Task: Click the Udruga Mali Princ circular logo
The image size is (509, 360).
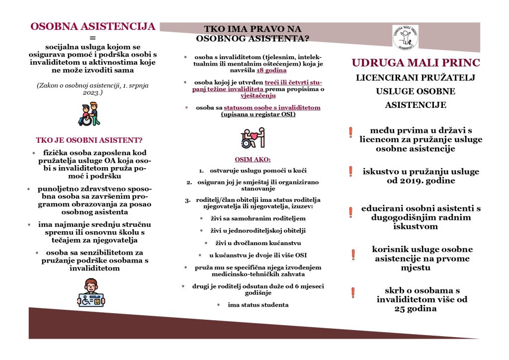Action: point(405,37)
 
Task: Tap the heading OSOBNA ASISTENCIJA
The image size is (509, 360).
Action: point(93,27)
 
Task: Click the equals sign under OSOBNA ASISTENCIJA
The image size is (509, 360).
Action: point(92,38)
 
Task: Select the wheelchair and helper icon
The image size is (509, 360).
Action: point(89,114)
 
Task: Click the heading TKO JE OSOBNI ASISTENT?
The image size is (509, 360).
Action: point(89,140)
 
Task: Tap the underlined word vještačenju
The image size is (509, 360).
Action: point(258,95)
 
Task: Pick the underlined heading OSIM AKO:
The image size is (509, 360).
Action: point(253,160)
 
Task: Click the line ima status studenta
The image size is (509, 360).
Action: point(258,305)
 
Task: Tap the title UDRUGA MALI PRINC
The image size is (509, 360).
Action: point(416,63)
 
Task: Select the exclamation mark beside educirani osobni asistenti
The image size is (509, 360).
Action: point(351,212)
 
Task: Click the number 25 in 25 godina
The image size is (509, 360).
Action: point(402,309)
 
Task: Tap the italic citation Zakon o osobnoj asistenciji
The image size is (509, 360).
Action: point(92,90)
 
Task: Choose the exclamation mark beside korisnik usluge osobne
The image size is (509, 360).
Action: point(353,255)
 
